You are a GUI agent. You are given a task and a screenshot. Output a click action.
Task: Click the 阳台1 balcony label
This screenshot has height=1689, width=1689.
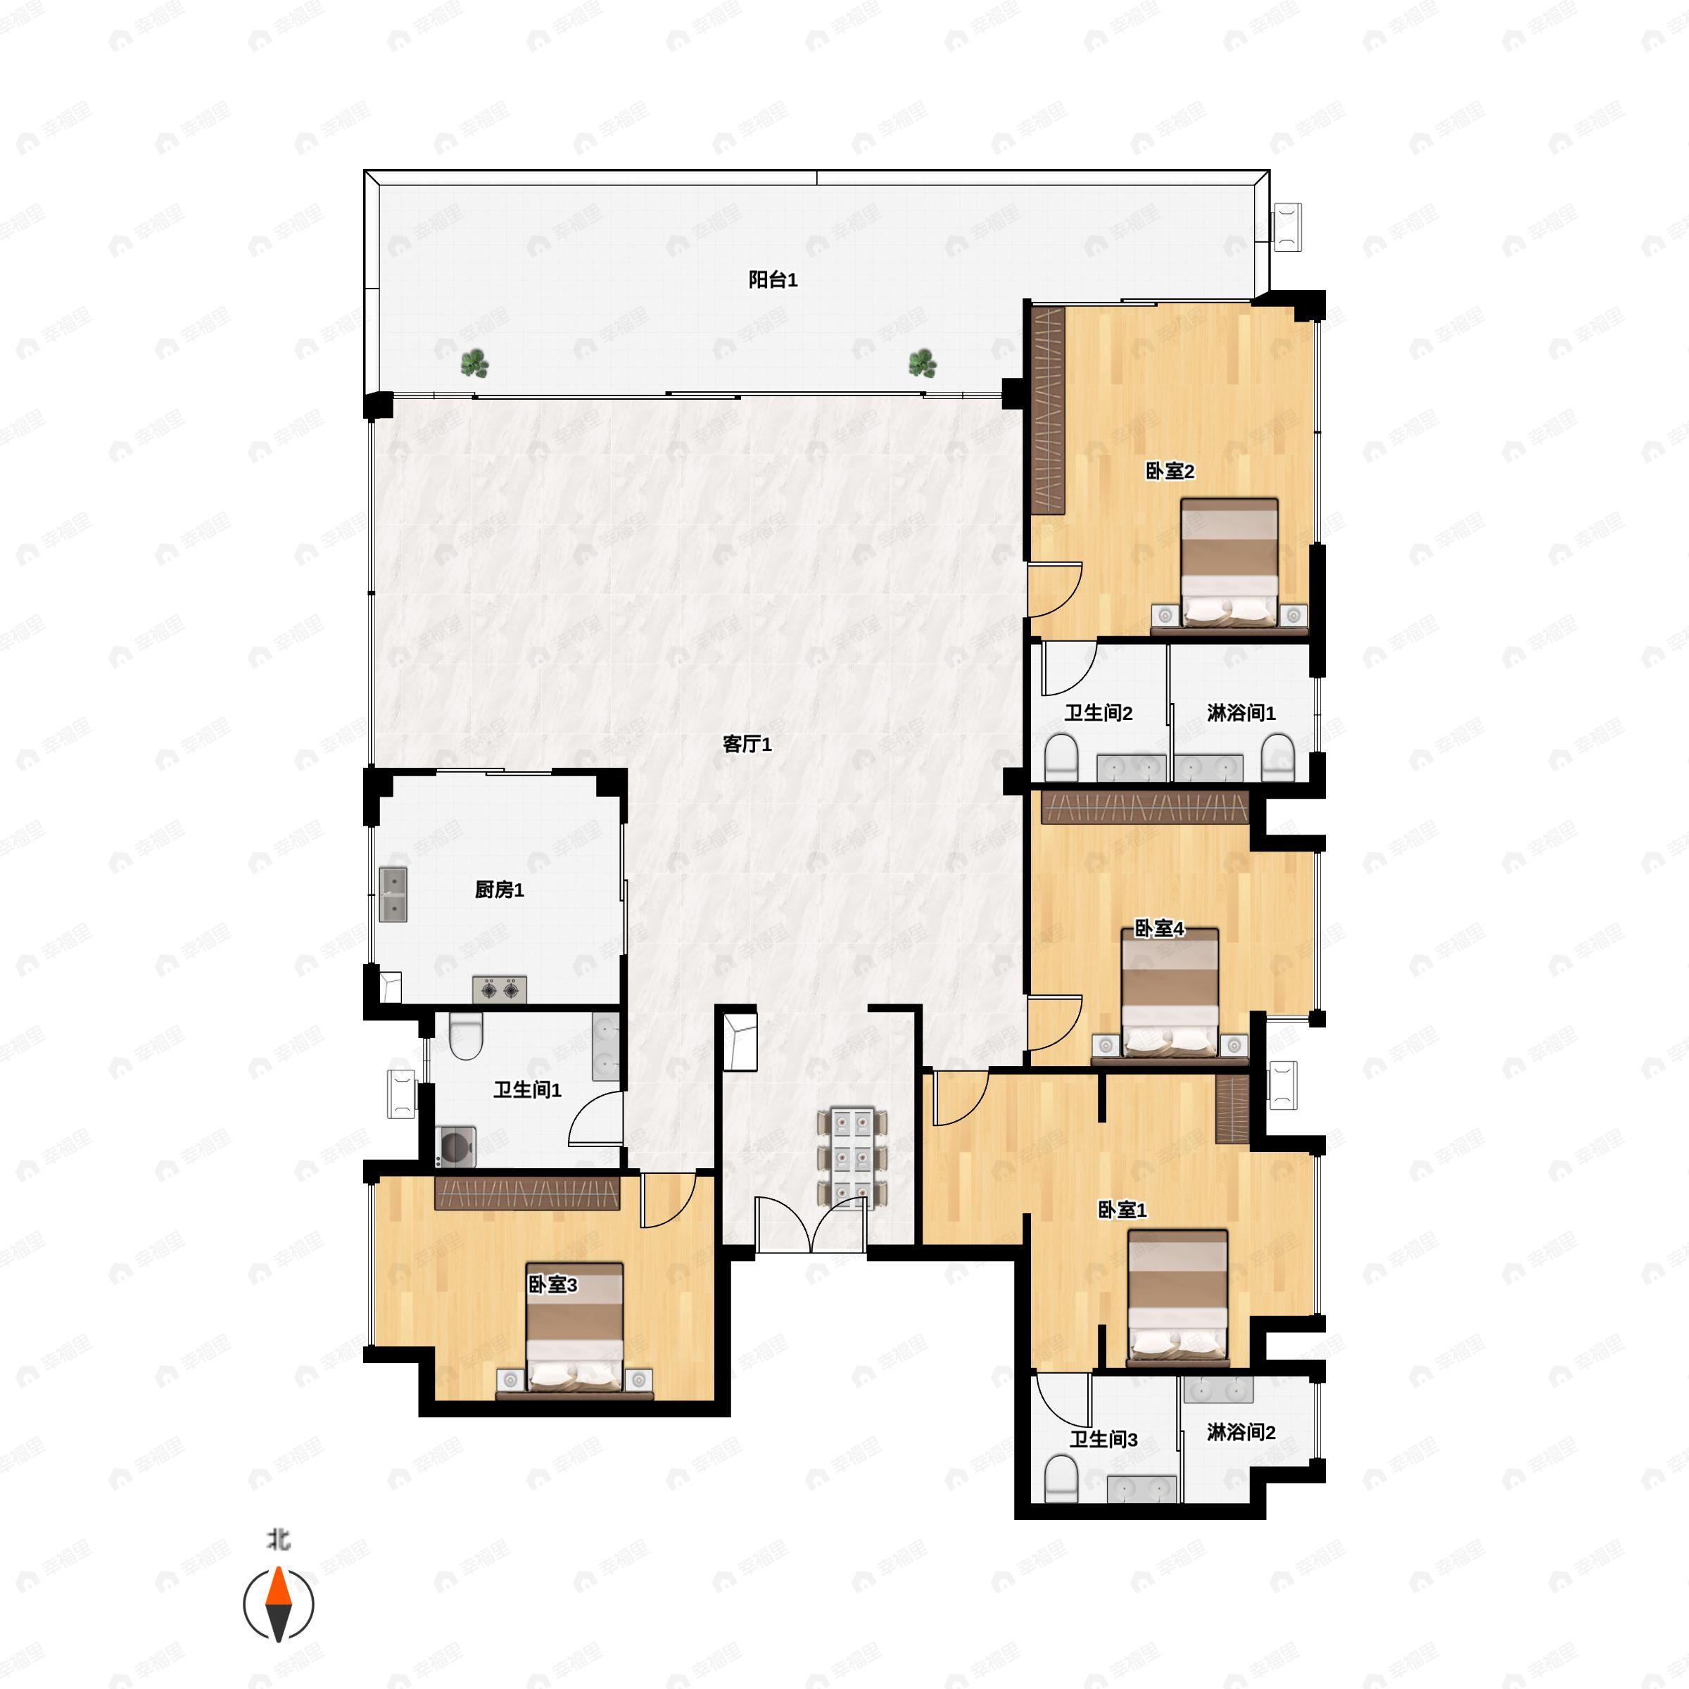(773, 280)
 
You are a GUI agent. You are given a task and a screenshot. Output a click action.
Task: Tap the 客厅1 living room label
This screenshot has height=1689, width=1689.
(747, 744)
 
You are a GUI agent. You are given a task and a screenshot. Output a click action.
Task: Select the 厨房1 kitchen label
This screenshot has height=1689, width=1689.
(499, 890)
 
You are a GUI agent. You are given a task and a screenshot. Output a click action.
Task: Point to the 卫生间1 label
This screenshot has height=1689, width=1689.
(527, 1089)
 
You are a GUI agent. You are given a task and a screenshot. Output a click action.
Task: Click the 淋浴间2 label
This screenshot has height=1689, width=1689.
(1241, 1432)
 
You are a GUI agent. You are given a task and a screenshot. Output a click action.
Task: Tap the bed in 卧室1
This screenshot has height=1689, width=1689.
(1177, 1297)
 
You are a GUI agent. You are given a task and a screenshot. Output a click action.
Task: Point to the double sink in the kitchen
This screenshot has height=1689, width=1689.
(393, 895)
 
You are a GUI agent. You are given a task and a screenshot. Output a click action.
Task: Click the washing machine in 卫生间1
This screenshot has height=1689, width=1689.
(456, 1146)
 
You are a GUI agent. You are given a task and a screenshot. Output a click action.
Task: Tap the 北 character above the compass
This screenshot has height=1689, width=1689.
(278, 1538)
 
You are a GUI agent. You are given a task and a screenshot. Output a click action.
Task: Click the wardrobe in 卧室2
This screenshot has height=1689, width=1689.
(1048, 411)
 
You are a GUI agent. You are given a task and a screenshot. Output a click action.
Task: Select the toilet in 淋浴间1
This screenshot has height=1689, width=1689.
(1278, 757)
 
